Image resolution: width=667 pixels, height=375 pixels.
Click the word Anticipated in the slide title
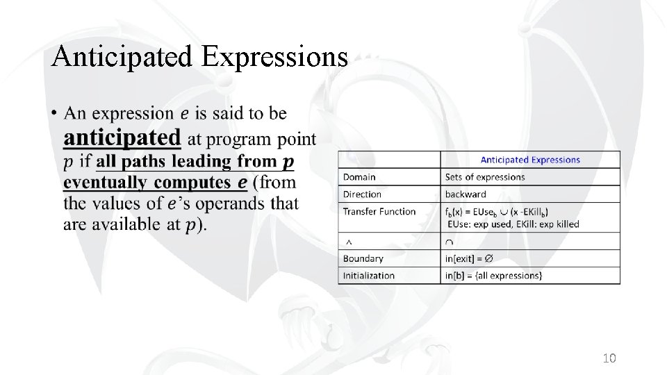coord(123,56)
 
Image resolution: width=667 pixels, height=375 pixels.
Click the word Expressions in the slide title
coord(274,56)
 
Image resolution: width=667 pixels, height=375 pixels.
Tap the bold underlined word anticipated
coord(122,137)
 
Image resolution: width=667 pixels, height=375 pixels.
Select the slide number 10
coord(609,358)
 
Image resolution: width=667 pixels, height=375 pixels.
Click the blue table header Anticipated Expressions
coord(529,160)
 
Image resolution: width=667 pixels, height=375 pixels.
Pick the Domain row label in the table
coord(359,177)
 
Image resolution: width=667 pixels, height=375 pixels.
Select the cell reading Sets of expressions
coord(485,177)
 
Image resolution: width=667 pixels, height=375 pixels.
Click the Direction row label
coord(362,194)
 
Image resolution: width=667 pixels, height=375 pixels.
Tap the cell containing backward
coord(466,194)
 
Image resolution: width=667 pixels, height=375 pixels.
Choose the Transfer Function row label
coord(379,211)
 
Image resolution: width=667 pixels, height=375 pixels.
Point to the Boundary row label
coord(363,258)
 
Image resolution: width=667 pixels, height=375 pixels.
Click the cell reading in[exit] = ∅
coord(469,258)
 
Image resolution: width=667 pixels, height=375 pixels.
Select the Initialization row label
coord(368,276)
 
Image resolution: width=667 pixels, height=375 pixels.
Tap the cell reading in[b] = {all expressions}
coord(493,276)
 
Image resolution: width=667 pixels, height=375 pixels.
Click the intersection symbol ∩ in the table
coord(449,242)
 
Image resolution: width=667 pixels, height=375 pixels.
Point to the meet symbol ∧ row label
coord(348,242)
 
